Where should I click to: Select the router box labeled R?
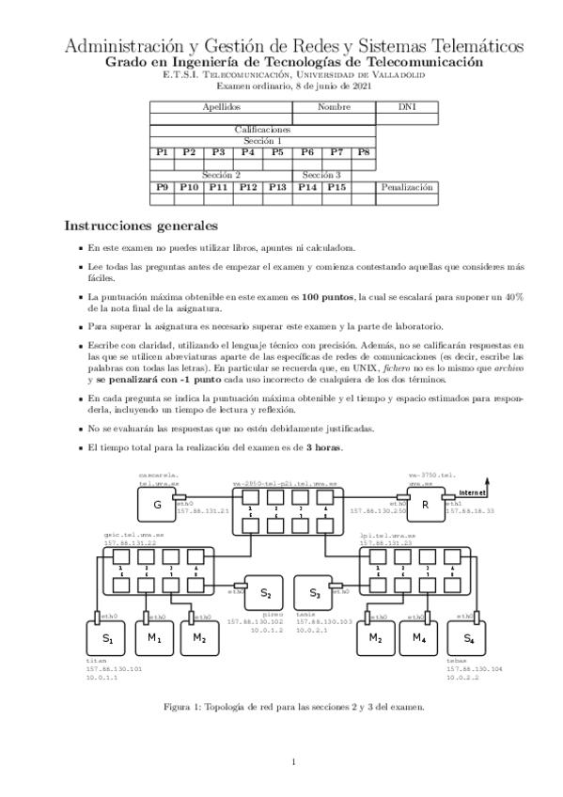[x=426, y=504]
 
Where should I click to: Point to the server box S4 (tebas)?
[x=468, y=639]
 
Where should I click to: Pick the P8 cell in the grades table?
[x=363, y=151]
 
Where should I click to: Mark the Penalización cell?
[x=408, y=187]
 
